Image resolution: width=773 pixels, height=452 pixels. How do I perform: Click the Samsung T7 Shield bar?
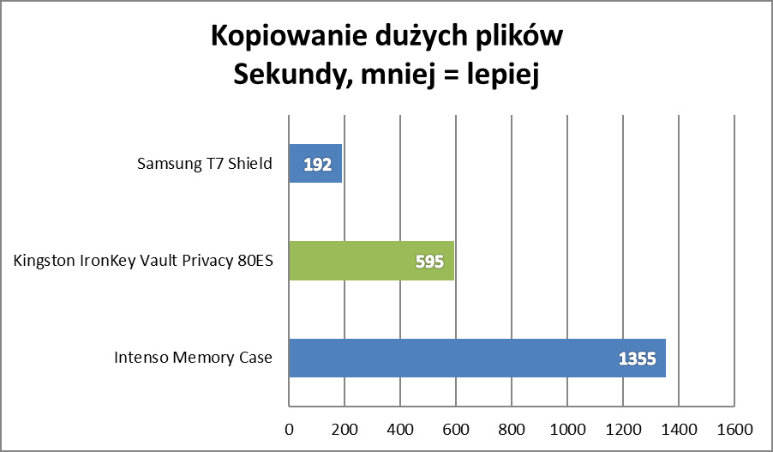(x=315, y=163)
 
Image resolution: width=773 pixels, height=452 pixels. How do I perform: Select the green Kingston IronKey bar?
(x=371, y=261)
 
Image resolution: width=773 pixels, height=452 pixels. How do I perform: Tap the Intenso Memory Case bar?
(x=476, y=358)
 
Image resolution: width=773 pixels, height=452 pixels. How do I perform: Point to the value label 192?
(x=317, y=164)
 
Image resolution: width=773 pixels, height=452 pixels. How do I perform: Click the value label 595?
(x=428, y=262)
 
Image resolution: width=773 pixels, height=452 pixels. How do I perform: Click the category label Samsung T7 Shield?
(x=205, y=164)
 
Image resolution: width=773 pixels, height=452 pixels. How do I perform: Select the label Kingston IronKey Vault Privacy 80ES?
(x=144, y=261)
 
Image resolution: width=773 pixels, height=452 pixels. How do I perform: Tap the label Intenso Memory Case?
(x=194, y=358)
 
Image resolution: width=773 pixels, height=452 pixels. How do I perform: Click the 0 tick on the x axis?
(x=289, y=428)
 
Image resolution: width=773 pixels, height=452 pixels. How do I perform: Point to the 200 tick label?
(x=345, y=428)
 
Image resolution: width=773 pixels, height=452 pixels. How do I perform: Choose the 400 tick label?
(x=400, y=428)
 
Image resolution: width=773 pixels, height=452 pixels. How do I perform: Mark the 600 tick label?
(x=456, y=428)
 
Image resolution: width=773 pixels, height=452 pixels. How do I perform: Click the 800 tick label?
(x=512, y=428)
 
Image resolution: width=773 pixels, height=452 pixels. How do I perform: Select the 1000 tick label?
(x=566, y=428)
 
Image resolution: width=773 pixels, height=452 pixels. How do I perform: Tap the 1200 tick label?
(x=622, y=428)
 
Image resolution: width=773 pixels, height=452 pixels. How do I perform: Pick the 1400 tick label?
(x=678, y=428)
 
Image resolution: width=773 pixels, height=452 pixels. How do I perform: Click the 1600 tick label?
(x=734, y=428)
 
